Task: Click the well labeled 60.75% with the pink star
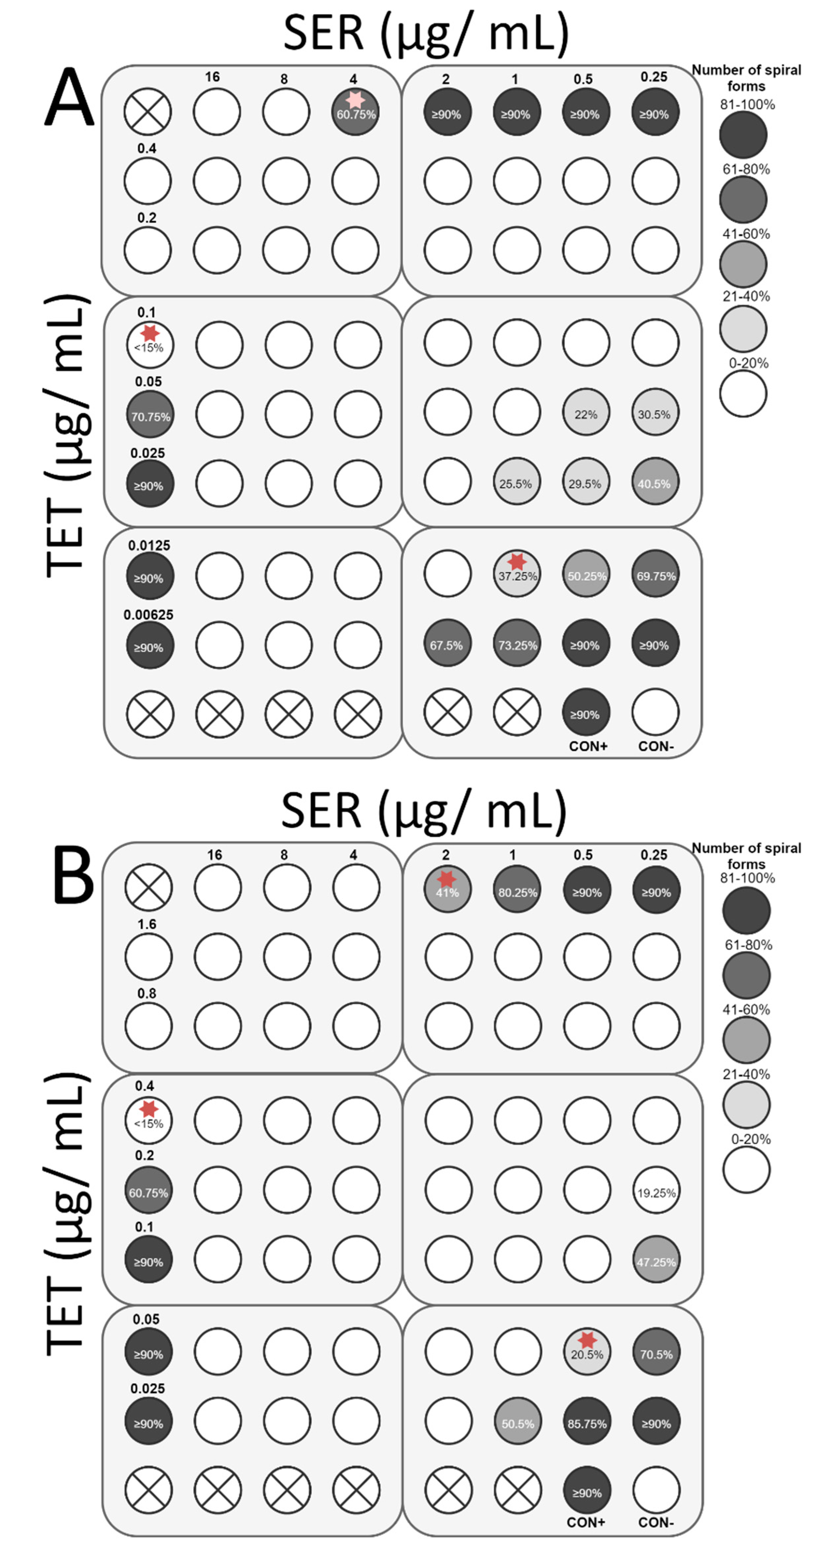[356, 112]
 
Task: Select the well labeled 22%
[586, 414]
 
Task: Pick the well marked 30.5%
[655, 414]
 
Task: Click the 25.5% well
[516, 483]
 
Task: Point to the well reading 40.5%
[655, 483]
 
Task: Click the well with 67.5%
[447, 644]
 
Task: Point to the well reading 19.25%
[656, 1191]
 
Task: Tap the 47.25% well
[656, 1260]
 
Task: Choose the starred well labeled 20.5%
[587, 1352]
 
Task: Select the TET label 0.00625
[148, 615]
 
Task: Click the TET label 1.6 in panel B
[147, 924]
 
